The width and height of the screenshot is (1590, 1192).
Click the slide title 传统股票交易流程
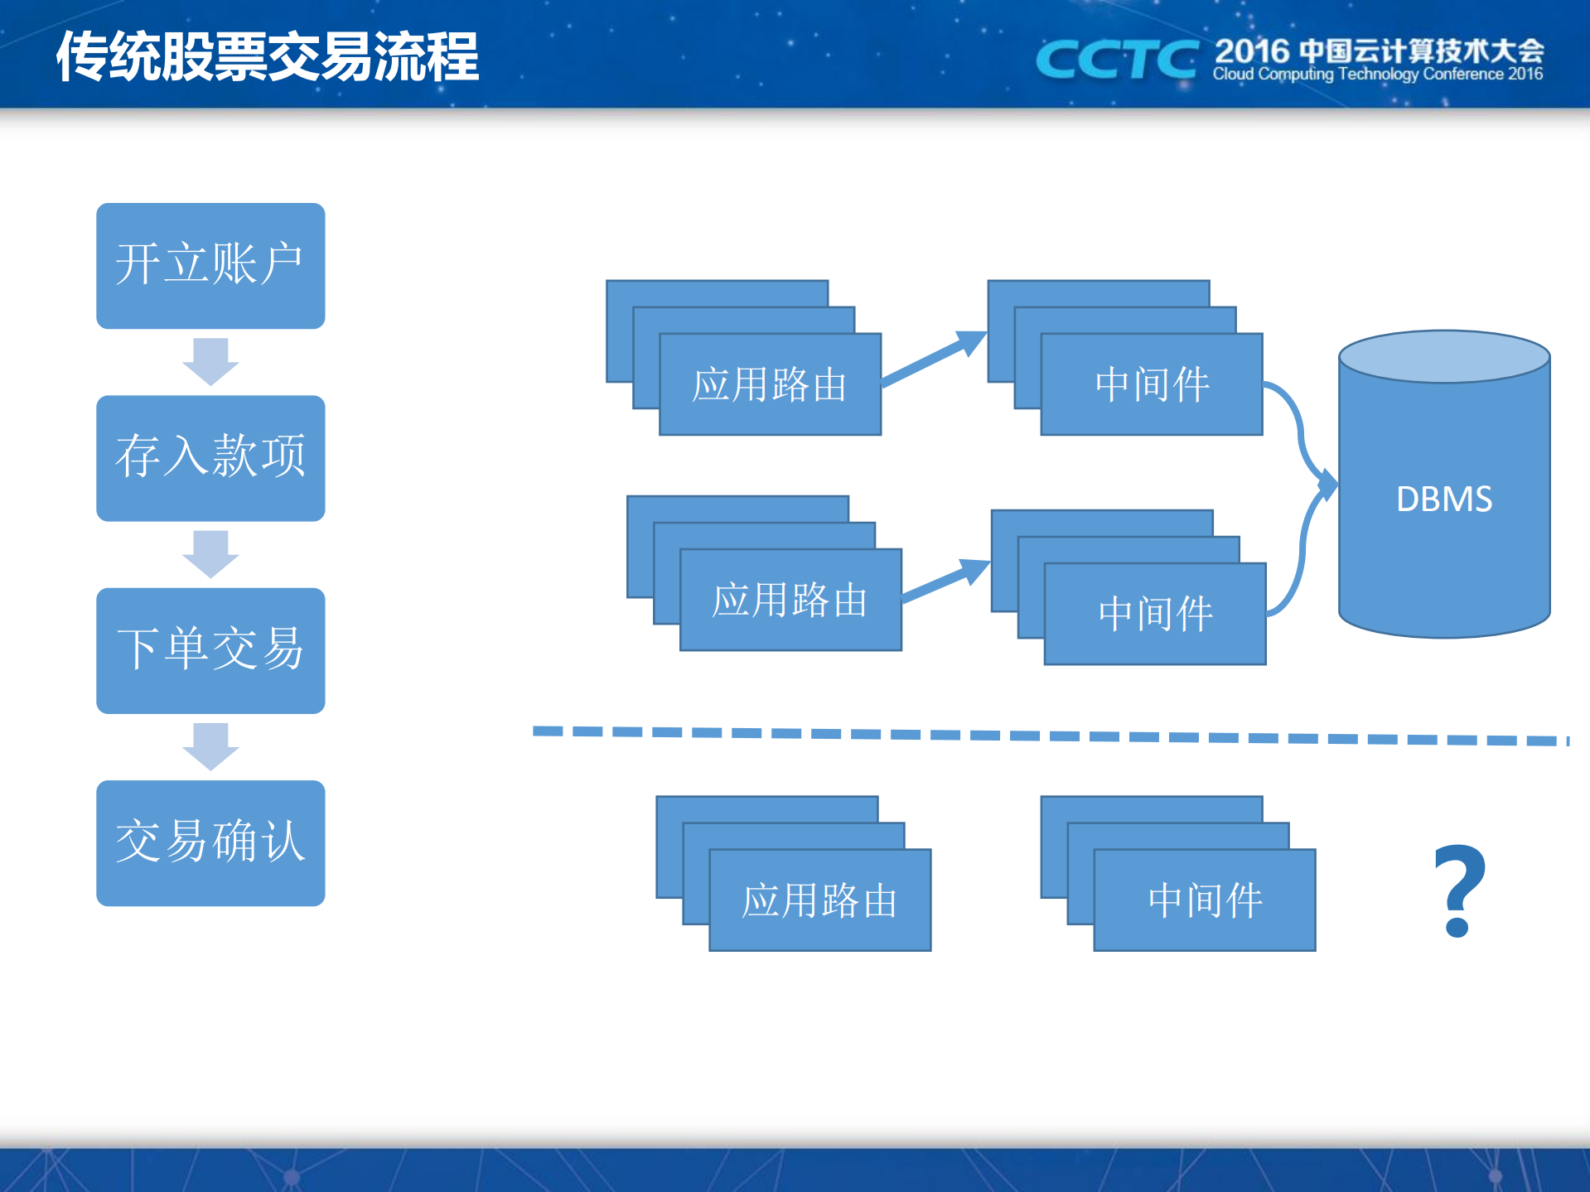coord(267,56)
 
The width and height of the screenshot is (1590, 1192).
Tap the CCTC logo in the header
coord(1116,60)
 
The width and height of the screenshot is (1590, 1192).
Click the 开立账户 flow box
coord(210,265)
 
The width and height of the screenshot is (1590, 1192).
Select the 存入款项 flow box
coord(210,457)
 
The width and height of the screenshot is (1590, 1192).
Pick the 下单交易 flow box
coord(210,650)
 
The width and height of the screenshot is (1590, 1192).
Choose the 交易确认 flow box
coord(210,842)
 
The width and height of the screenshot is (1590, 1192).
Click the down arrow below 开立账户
coord(210,361)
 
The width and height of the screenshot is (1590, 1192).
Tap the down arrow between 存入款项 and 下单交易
coord(210,553)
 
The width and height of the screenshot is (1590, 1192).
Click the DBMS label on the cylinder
coord(1444,499)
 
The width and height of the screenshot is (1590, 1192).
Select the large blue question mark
coord(1459,891)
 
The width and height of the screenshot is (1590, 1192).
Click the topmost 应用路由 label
coord(769,385)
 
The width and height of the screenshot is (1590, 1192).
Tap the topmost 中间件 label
coord(1152,385)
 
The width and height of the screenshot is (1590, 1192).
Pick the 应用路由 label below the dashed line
coord(819,900)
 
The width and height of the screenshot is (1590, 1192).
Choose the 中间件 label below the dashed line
coord(1205,900)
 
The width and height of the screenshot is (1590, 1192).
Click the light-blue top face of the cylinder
coord(1444,356)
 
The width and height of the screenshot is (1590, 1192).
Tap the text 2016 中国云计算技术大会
coord(1379,51)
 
